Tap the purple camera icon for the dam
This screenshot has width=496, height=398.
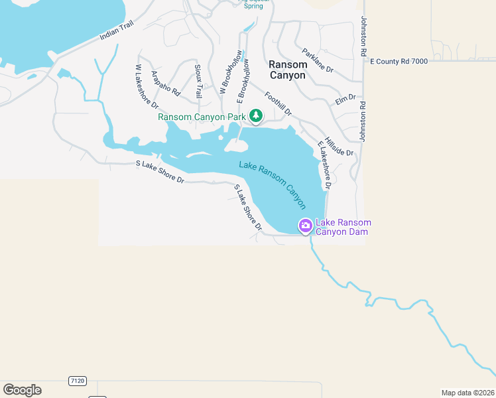(305, 226)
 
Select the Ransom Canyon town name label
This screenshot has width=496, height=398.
(287, 70)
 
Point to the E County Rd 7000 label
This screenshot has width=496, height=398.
(399, 61)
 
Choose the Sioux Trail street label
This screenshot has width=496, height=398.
(198, 82)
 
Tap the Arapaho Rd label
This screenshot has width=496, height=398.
(166, 84)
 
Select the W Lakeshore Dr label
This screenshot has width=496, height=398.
(147, 86)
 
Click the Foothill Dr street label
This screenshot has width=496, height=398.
(278, 103)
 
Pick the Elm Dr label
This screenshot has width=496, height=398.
(345, 99)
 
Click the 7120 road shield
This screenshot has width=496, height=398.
(77, 381)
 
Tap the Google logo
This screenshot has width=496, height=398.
(22, 390)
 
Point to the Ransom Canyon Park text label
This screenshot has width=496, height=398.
(202, 117)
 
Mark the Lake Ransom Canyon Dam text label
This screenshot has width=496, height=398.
(342, 227)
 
